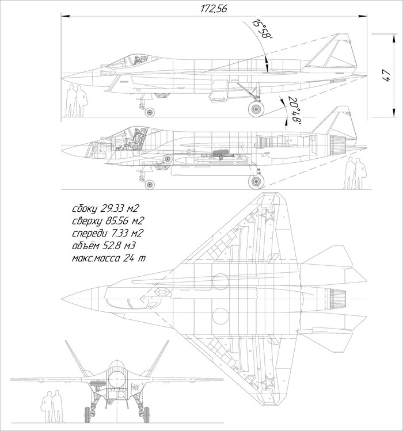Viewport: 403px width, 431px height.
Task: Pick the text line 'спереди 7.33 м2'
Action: pos(107,234)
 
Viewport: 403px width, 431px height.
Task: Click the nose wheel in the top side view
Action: pos(150,112)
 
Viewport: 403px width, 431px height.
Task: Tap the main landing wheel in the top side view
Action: pos(255,108)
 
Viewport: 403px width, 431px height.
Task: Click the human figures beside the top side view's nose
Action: pos(74,102)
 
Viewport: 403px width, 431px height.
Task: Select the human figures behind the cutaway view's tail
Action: pos(355,174)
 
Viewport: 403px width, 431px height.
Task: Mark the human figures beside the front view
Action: pos(50,407)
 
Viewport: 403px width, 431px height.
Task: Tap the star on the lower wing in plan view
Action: pos(266,382)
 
